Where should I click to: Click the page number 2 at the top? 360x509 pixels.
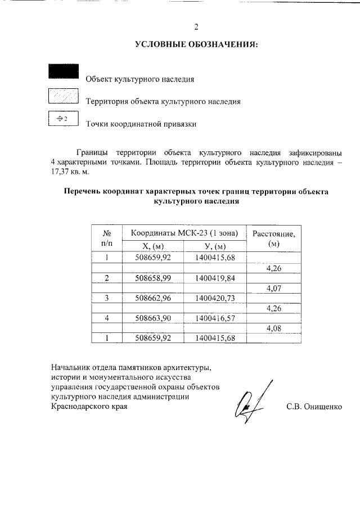point(196,26)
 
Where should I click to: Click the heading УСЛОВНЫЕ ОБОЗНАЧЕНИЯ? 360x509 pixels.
point(196,44)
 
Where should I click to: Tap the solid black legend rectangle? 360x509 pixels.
point(63,71)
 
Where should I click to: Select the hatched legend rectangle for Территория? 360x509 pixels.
point(63,96)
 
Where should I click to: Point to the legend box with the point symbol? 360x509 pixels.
point(63,119)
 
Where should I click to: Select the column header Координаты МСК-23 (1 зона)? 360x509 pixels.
point(185,233)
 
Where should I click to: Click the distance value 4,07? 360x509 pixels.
point(274,289)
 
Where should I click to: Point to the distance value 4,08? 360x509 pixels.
point(274,328)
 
